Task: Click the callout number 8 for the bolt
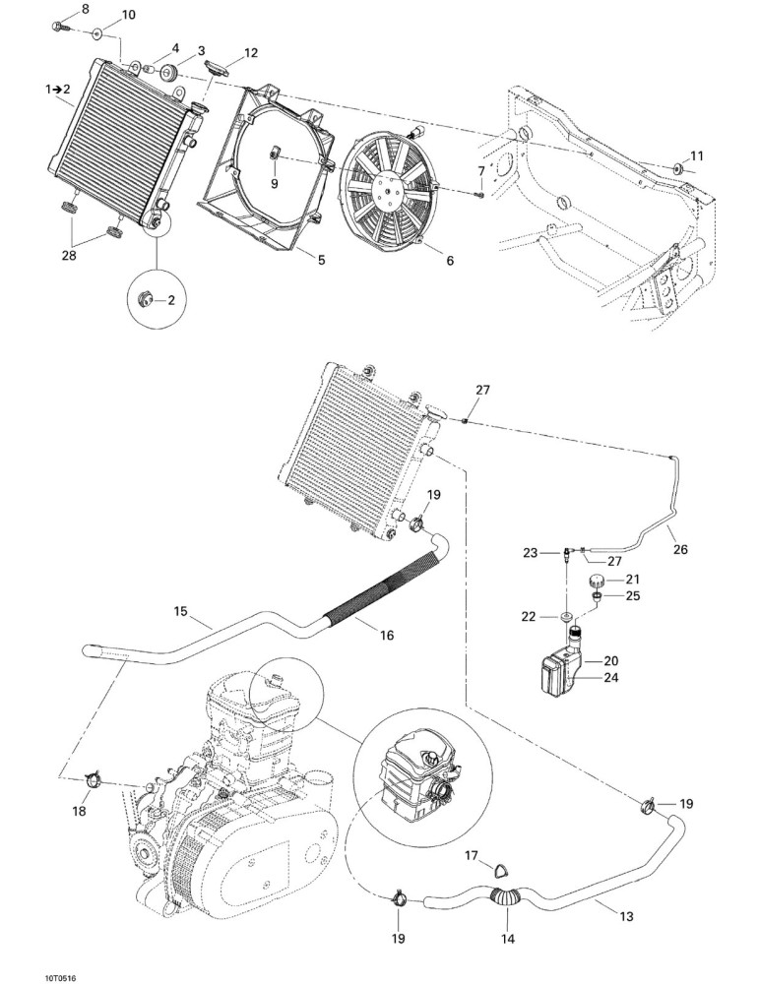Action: pos(86,9)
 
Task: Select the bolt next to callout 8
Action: pos(60,27)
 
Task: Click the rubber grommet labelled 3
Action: pos(169,73)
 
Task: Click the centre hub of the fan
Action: pos(389,186)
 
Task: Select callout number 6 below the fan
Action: pos(450,260)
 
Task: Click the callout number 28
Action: pos(69,256)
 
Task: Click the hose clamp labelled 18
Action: pos(93,780)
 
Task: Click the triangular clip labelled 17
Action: pos(502,869)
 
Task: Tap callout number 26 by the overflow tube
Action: pos(680,550)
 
